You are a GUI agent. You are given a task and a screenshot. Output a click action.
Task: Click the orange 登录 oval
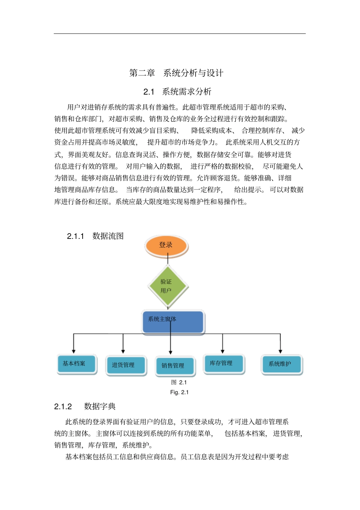(166, 245)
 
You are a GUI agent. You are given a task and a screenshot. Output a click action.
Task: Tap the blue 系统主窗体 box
(173, 322)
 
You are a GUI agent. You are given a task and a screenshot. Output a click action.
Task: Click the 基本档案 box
(77, 364)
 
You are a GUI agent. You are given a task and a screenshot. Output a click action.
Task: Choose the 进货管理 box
(126, 366)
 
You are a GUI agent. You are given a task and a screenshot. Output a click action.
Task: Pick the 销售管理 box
(175, 366)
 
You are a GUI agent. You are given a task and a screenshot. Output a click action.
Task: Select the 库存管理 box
(224, 364)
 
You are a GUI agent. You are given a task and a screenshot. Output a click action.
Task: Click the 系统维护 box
(282, 364)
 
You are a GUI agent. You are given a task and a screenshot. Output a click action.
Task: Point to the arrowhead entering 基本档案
(74, 351)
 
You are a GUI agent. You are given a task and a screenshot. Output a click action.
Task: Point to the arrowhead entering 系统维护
(280, 351)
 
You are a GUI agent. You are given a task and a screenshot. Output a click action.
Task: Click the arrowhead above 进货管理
(123, 351)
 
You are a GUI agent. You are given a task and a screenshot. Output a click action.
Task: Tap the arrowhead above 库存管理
(222, 351)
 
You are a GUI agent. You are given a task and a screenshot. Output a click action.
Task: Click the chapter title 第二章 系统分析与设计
(176, 73)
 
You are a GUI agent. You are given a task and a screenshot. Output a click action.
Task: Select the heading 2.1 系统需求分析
(177, 91)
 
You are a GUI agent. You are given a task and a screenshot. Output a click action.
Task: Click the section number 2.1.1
(75, 236)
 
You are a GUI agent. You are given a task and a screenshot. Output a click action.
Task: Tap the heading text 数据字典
(100, 406)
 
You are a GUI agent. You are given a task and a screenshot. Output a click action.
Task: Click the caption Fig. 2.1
(179, 392)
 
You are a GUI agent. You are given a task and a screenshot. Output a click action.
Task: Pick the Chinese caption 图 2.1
(179, 382)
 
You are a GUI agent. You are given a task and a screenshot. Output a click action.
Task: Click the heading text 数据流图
(108, 236)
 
